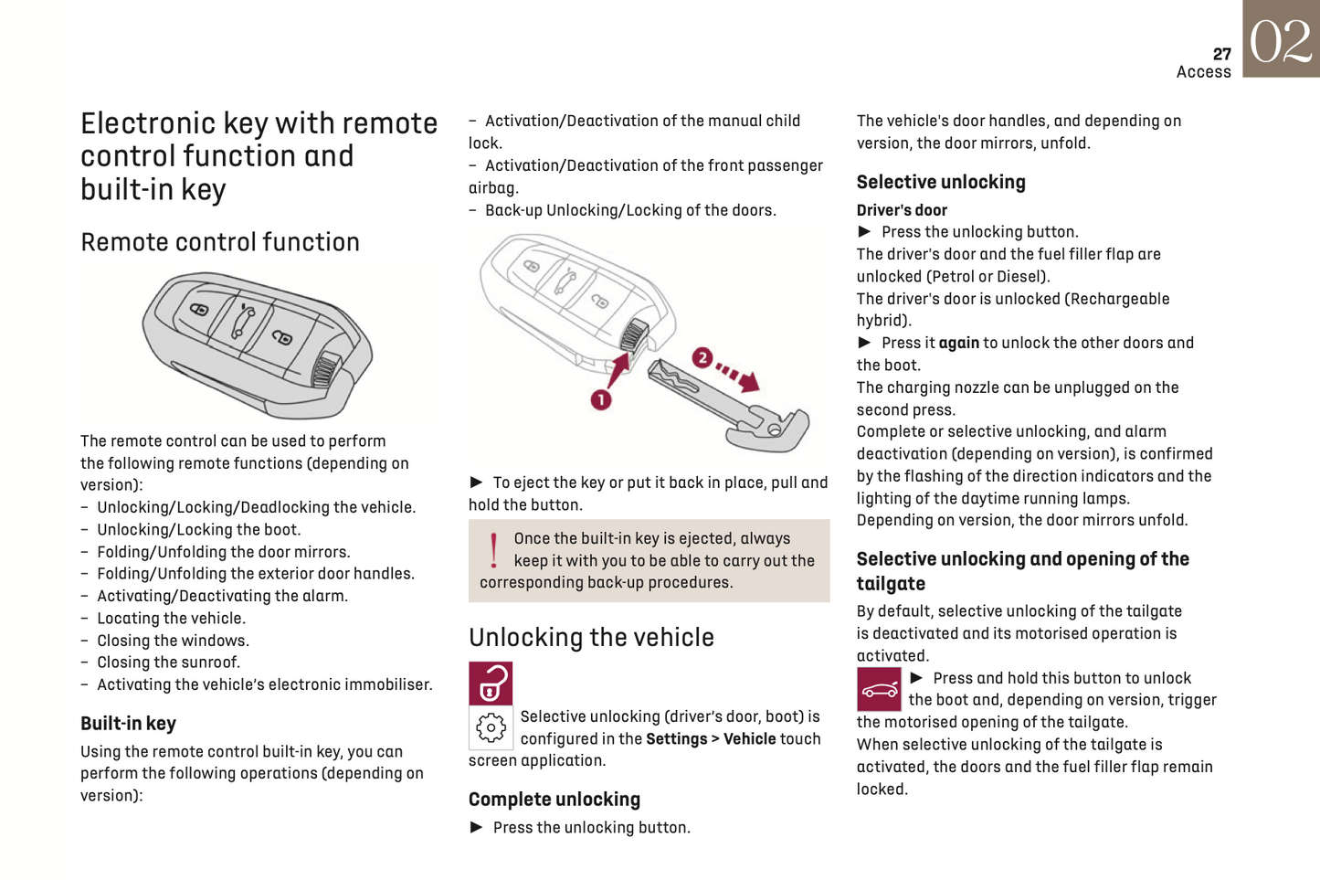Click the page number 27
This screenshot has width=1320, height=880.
[x=1221, y=54]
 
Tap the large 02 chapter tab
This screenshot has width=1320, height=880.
[x=1281, y=40]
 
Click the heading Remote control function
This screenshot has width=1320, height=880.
[x=220, y=242]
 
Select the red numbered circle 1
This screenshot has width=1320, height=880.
[x=600, y=399]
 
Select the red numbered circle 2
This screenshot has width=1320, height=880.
[x=702, y=357]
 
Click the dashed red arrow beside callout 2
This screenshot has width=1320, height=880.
[x=738, y=374]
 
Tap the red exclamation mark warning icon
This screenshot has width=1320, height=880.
[x=493, y=550]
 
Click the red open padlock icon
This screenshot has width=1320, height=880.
[x=491, y=684]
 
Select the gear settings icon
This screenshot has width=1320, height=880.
[x=491, y=728]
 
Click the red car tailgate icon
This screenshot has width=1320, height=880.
[x=879, y=690]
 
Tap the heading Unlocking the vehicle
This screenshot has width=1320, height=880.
[x=591, y=637]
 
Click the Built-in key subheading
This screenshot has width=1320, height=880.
[x=128, y=724]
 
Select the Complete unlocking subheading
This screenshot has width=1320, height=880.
[x=554, y=800]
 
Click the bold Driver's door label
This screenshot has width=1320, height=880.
[x=902, y=210]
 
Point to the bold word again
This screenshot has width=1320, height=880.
[x=958, y=344]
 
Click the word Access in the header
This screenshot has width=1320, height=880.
[x=1203, y=72]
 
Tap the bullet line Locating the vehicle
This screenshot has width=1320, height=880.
[x=171, y=619]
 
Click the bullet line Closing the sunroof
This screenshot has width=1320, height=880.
[x=168, y=663]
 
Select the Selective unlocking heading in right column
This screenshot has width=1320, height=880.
[x=941, y=182]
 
